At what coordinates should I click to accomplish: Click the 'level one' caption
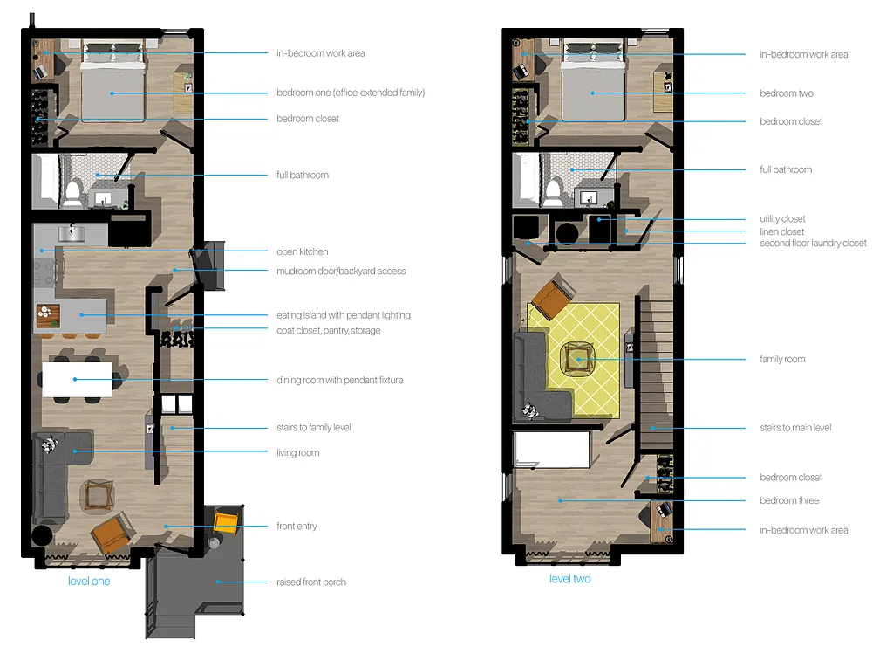coord(89,581)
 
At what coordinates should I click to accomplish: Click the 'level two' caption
coord(569,579)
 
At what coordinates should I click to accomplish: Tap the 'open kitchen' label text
coord(302,252)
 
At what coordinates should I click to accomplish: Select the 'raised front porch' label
coord(310,582)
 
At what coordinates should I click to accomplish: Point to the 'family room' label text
coord(782,359)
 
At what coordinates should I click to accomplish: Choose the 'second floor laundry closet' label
coord(813,244)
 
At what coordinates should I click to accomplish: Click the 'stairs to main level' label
coord(794,428)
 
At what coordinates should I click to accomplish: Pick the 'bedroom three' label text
coord(789,500)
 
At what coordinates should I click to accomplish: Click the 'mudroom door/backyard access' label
coord(341,272)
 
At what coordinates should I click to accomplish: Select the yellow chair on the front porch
coord(226,522)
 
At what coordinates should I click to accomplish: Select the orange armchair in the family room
coord(550,299)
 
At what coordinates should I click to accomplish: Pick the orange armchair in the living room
coord(112,533)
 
